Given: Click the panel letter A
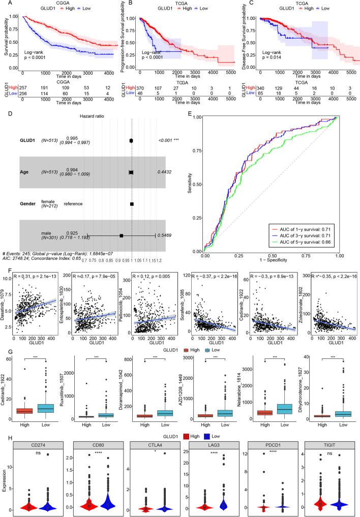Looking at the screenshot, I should [4, 3].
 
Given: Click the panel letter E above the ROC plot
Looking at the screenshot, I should [190, 115].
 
